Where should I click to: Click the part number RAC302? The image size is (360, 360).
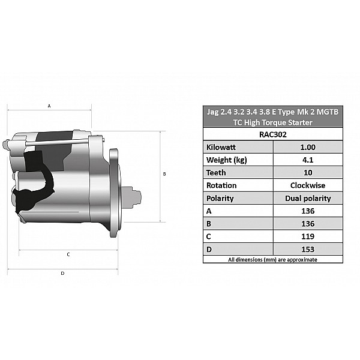pyautogui.click(x=273, y=134)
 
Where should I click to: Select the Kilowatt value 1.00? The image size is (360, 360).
pyautogui.click(x=308, y=147)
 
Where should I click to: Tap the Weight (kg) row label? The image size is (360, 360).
pyautogui.click(x=226, y=160)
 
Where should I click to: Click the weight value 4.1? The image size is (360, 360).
pyautogui.click(x=308, y=160)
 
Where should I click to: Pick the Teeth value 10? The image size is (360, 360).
pyautogui.click(x=308, y=173)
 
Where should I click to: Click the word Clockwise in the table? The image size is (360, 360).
pyautogui.click(x=308, y=185)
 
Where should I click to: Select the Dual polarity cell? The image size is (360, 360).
pyautogui.click(x=308, y=199)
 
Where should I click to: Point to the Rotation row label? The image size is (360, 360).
pyautogui.click(x=221, y=185)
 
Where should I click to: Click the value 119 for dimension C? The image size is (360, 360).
pyautogui.click(x=308, y=236)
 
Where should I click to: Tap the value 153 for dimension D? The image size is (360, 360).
pyautogui.click(x=308, y=250)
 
